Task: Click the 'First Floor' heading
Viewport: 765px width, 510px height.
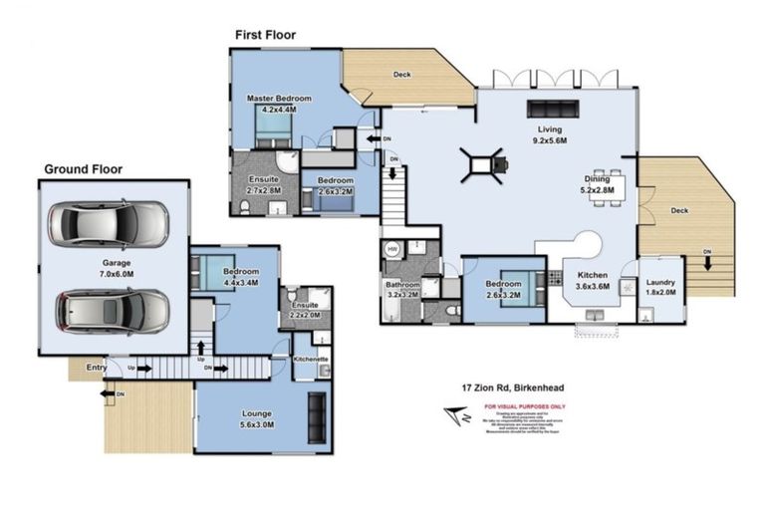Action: point(265,35)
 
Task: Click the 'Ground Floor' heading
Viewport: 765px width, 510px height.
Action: point(83,169)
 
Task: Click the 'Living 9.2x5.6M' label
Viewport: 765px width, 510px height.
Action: point(550,135)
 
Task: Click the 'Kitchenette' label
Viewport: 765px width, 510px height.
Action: point(311,358)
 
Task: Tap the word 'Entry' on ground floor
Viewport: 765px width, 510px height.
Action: point(96,368)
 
